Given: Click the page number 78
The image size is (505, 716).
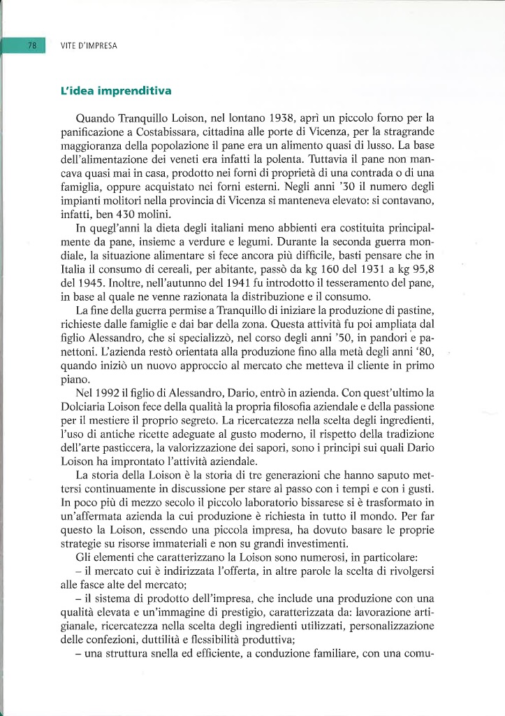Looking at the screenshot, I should tap(32, 45).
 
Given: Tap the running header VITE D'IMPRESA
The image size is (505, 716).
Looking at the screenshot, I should tap(89, 46).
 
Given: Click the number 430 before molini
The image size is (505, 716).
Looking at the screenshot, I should tap(128, 214).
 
